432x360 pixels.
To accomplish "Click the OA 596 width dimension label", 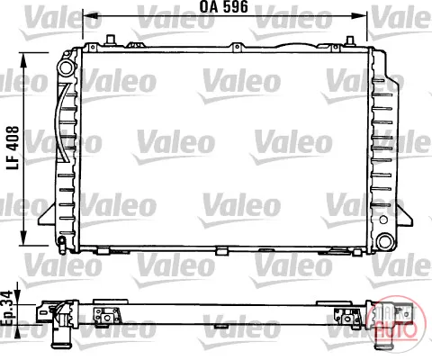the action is pos(224,7).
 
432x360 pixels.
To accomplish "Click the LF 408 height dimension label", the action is pos(13,148).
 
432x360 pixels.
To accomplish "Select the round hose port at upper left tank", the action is pos(66,67).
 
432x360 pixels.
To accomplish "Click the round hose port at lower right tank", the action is pos(385,241).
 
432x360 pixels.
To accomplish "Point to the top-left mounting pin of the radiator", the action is pos(111,40).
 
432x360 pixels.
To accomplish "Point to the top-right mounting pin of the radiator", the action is pos(350,40).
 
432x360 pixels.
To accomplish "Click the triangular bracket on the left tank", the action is pos(48,214).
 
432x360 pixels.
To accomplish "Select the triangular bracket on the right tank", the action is pos(406,214).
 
